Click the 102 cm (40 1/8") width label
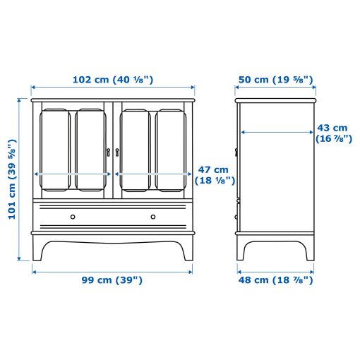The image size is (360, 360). click(x=113, y=79)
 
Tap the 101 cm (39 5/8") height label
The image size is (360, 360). click(x=12, y=180)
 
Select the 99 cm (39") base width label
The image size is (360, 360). click(x=112, y=280)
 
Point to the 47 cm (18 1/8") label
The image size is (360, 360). click(x=212, y=175)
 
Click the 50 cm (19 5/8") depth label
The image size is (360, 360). click(x=275, y=79)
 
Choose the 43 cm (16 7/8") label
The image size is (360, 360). click(x=332, y=133)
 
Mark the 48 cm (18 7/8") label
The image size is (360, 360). click(x=275, y=280)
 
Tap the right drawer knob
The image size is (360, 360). click(x=152, y=216)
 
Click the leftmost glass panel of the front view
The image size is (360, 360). click(x=56, y=149)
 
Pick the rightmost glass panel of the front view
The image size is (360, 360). click(x=170, y=149)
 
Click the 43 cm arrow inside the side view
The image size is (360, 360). click(x=275, y=131)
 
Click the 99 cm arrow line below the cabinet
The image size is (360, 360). click(x=112, y=268)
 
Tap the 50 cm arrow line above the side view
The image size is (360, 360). click(x=275, y=90)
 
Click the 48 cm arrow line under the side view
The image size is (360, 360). click(x=275, y=268)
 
